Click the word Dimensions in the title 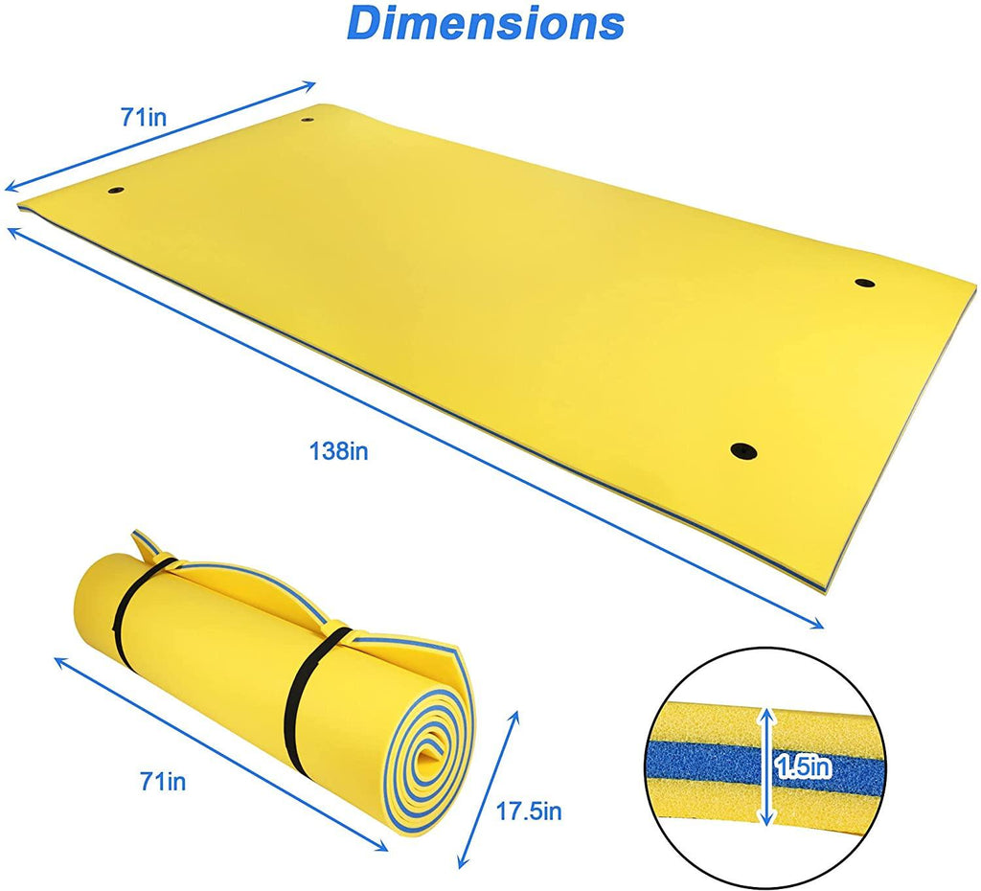tap(485, 23)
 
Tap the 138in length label tap(338, 451)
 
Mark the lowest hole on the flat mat tap(741, 449)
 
